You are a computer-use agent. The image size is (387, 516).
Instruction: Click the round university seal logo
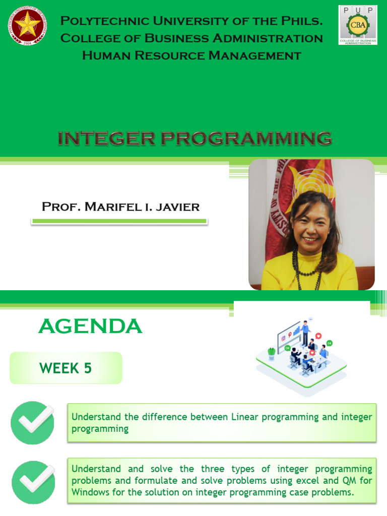pos(27,25)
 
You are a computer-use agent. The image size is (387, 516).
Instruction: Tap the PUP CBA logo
pos(358,25)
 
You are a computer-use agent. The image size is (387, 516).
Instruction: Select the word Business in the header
pos(177,38)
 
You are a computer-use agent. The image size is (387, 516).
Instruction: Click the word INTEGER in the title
pos(106,139)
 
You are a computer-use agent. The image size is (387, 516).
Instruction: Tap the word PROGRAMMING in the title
pos(246,139)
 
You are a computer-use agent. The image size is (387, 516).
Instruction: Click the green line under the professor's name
pos(119,222)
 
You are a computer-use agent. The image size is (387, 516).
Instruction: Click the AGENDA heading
pos(90,326)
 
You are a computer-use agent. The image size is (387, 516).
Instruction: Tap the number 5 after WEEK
pos(88,368)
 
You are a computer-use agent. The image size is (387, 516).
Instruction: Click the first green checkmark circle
pos(33,423)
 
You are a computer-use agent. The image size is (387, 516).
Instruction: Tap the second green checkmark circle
pos(33,482)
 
